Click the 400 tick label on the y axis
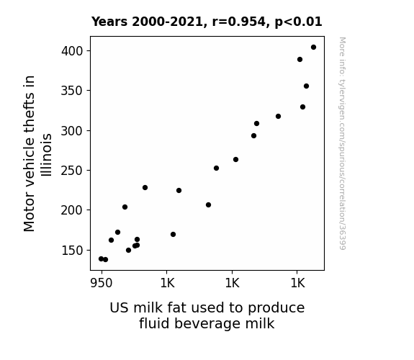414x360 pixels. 72,51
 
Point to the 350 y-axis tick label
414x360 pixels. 72,91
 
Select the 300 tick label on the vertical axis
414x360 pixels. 72,131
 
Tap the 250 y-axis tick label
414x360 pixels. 72,171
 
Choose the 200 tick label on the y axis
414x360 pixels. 72,210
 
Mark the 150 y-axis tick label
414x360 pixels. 72,251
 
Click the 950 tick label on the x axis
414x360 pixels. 102,283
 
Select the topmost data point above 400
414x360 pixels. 313,48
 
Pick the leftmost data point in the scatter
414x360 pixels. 101,259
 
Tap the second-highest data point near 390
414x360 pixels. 300,60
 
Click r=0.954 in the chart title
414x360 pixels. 239,22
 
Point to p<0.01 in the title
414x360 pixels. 298,22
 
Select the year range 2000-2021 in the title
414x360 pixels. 167,22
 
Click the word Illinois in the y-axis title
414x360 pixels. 47,155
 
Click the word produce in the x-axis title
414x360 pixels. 276,308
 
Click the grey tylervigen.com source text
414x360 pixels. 342,143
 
